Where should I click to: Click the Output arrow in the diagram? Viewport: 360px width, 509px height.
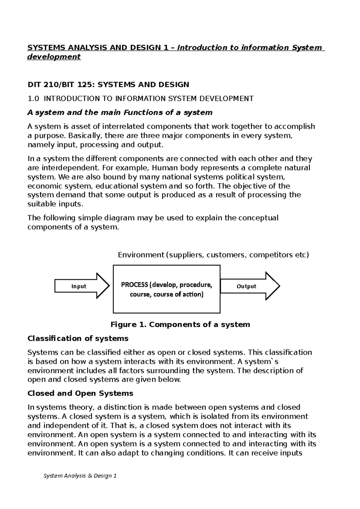point(249,286)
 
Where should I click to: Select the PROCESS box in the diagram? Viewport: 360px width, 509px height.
point(166,289)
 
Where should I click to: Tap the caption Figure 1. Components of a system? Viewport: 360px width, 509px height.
point(180,325)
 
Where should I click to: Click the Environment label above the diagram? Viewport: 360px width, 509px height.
point(141,255)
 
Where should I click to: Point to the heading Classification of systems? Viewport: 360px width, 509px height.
point(78,338)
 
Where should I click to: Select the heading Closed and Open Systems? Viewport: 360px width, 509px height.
point(80,393)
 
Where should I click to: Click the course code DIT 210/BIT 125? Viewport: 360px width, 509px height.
point(60,85)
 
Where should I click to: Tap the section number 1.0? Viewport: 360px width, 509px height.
point(33,99)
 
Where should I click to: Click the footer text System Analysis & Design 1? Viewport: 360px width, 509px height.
point(80,476)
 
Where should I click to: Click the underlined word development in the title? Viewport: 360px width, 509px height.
point(54,57)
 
